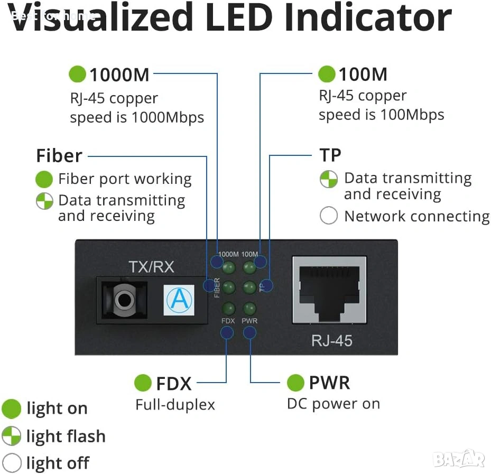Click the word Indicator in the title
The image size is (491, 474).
[x=368, y=18]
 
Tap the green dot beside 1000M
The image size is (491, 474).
[x=78, y=74]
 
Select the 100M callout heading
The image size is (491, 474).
[x=363, y=74]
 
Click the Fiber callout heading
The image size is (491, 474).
[x=59, y=156]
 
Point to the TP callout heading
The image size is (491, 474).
[x=330, y=155]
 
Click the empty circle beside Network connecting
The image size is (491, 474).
[x=328, y=216]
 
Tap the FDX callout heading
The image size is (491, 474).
[x=173, y=383]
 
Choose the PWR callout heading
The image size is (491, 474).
[x=329, y=383]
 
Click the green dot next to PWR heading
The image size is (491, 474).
[x=295, y=383]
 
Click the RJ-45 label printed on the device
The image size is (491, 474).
[x=331, y=340]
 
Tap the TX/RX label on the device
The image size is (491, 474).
[x=151, y=267]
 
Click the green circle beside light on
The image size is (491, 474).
[x=11, y=408]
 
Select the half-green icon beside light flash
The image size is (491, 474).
[x=11, y=436]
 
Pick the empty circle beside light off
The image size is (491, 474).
[x=11, y=463]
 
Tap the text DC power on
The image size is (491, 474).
[x=333, y=404]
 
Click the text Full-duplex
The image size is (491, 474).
[x=175, y=405]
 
